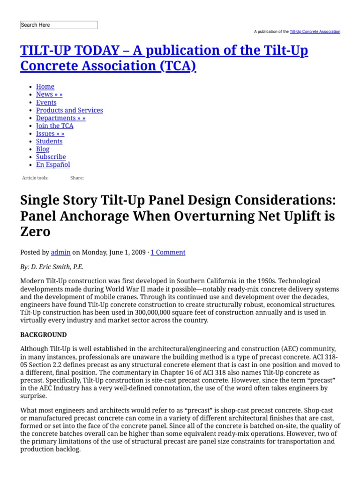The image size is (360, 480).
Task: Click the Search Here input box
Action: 59,25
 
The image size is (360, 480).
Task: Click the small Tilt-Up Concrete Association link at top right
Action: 315,32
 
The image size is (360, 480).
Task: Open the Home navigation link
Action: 45,87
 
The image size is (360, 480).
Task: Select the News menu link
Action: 49,94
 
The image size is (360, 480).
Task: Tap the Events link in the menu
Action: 46,102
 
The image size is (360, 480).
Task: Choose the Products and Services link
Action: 69,110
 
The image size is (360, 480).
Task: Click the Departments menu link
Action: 60,118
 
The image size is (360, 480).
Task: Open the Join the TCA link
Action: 54,126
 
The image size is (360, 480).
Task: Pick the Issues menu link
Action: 50,134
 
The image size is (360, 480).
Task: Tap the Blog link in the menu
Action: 43,149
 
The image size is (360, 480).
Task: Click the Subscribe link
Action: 51,157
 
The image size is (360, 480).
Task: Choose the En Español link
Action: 53,165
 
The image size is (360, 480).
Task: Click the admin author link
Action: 60,252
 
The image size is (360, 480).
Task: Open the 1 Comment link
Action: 168,252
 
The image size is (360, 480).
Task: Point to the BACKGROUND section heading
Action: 44,335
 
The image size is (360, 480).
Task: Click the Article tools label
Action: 35,178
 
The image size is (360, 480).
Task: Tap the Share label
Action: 77,178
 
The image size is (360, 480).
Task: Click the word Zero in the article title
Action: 35,231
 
